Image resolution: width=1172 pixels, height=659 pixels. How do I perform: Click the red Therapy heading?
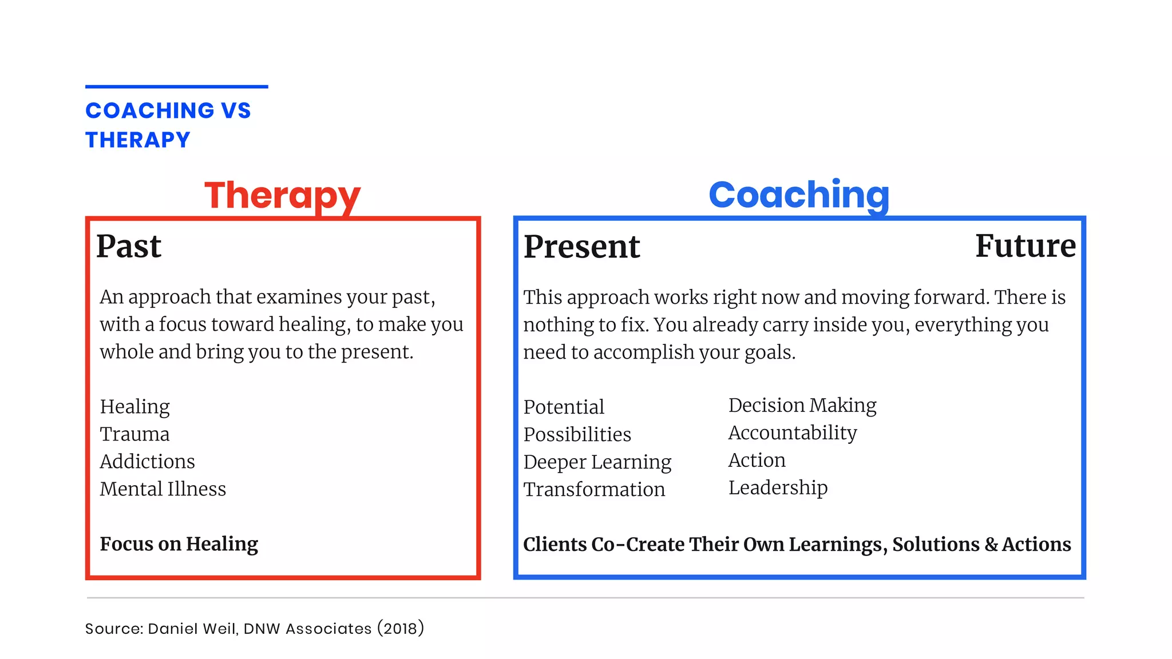(x=282, y=195)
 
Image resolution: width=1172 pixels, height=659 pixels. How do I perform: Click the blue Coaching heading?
(x=799, y=195)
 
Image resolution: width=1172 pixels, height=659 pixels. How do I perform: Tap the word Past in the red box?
(x=129, y=247)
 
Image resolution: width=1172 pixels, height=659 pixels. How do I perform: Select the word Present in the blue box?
(x=581, y=247)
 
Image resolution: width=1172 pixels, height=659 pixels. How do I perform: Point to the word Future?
(x=1025, y=246)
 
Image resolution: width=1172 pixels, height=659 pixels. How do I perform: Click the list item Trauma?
(x=134, y=434)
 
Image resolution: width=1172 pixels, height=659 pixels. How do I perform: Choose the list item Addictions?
(x=147, y=462)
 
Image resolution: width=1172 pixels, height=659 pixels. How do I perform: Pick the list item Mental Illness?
(x=163, y=489)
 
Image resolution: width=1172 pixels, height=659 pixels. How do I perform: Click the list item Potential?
(x=564, y=407)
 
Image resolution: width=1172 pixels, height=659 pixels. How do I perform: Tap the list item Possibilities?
(x=577, y=434)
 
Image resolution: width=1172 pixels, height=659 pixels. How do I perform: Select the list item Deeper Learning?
(x=597, y=462)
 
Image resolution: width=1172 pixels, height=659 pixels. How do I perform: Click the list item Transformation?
(x=594, y=490)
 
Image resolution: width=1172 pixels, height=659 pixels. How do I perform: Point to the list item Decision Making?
(x=802, y=405)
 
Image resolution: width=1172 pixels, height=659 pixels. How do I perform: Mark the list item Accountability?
(x=792, y=432)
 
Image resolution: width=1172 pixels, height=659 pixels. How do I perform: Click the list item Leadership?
(x=778, y=487)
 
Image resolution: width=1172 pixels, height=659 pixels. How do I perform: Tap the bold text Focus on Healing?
(x=179, y=543)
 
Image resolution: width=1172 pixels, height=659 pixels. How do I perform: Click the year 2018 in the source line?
(x=400, y=629)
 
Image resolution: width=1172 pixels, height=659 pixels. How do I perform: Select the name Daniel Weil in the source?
(x=192, y=629)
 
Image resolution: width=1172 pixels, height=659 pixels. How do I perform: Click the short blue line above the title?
(x=176, y=87)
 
